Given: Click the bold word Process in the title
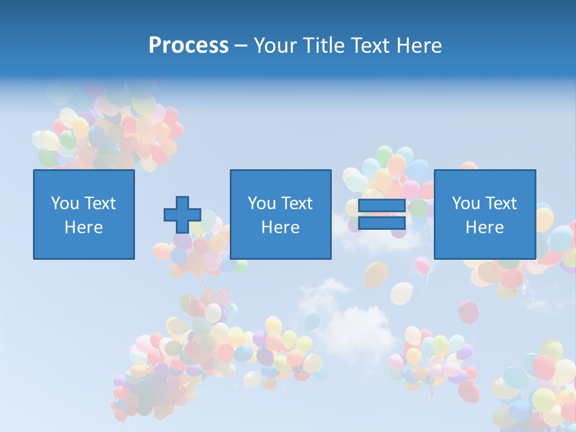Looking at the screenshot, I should tap(188, 46).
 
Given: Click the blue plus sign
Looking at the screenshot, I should tap(182, 215).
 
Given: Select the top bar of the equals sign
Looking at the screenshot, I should tap(382, 206).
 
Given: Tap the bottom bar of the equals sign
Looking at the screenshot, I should tap(382, 223).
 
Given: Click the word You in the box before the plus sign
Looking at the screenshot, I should tap(64, 203).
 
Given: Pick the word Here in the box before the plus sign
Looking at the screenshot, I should tap(83, 227).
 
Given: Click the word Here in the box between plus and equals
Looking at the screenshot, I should tap(280, 227).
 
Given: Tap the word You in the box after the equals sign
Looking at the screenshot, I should tap(465, 203).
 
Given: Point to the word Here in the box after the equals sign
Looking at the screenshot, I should tap(484, 227).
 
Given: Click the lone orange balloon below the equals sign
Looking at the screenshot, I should tap(376, 275).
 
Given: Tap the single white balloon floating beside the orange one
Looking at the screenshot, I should tap(401, 293).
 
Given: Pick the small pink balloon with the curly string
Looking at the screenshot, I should tap(422, 265).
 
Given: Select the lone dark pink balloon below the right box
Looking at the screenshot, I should tap(469, 312).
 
